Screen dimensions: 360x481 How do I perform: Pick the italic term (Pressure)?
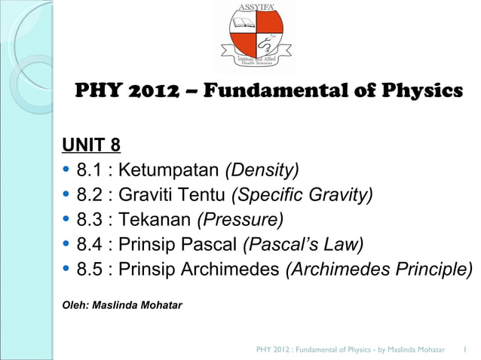240,220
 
